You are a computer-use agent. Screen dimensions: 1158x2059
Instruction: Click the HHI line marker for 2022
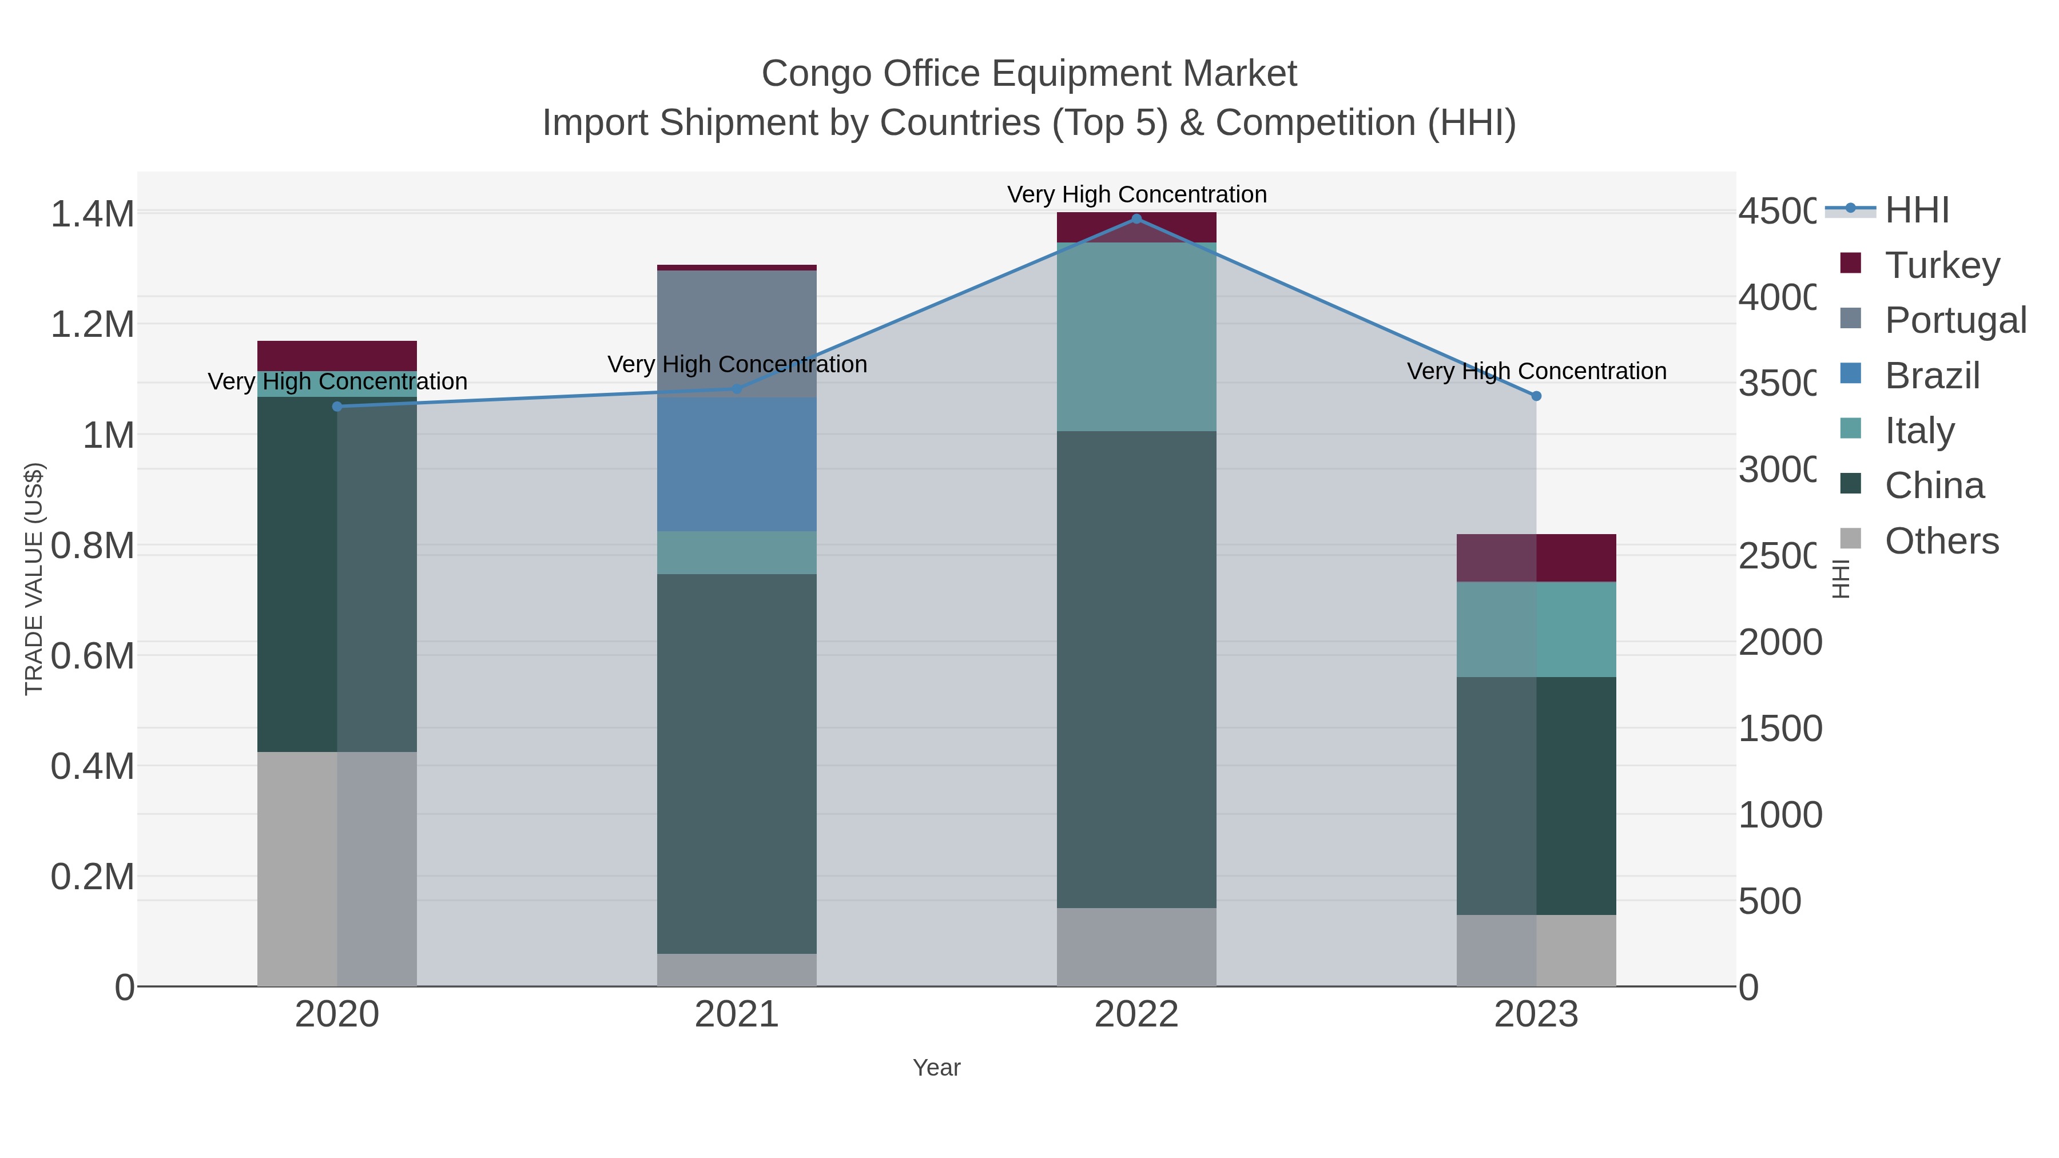click(1136, 218)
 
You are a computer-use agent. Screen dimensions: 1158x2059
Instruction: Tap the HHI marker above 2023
click(1536, 396)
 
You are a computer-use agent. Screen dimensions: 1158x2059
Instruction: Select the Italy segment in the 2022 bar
click(1136, 336)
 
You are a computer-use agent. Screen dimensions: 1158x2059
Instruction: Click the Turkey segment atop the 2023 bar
click(1536, 557)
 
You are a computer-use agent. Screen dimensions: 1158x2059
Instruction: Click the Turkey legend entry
click(1942, 265)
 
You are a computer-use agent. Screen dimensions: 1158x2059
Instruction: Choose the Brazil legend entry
click(1932, 375)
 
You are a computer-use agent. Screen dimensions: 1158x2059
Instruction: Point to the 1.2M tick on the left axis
click(92, 324)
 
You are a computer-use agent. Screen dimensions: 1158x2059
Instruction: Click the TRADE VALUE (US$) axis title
click(34, 579)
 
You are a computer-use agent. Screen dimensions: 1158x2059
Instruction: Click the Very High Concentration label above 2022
click(1136, 194)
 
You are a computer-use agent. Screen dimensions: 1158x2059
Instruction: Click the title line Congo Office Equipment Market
click(1029, 74)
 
